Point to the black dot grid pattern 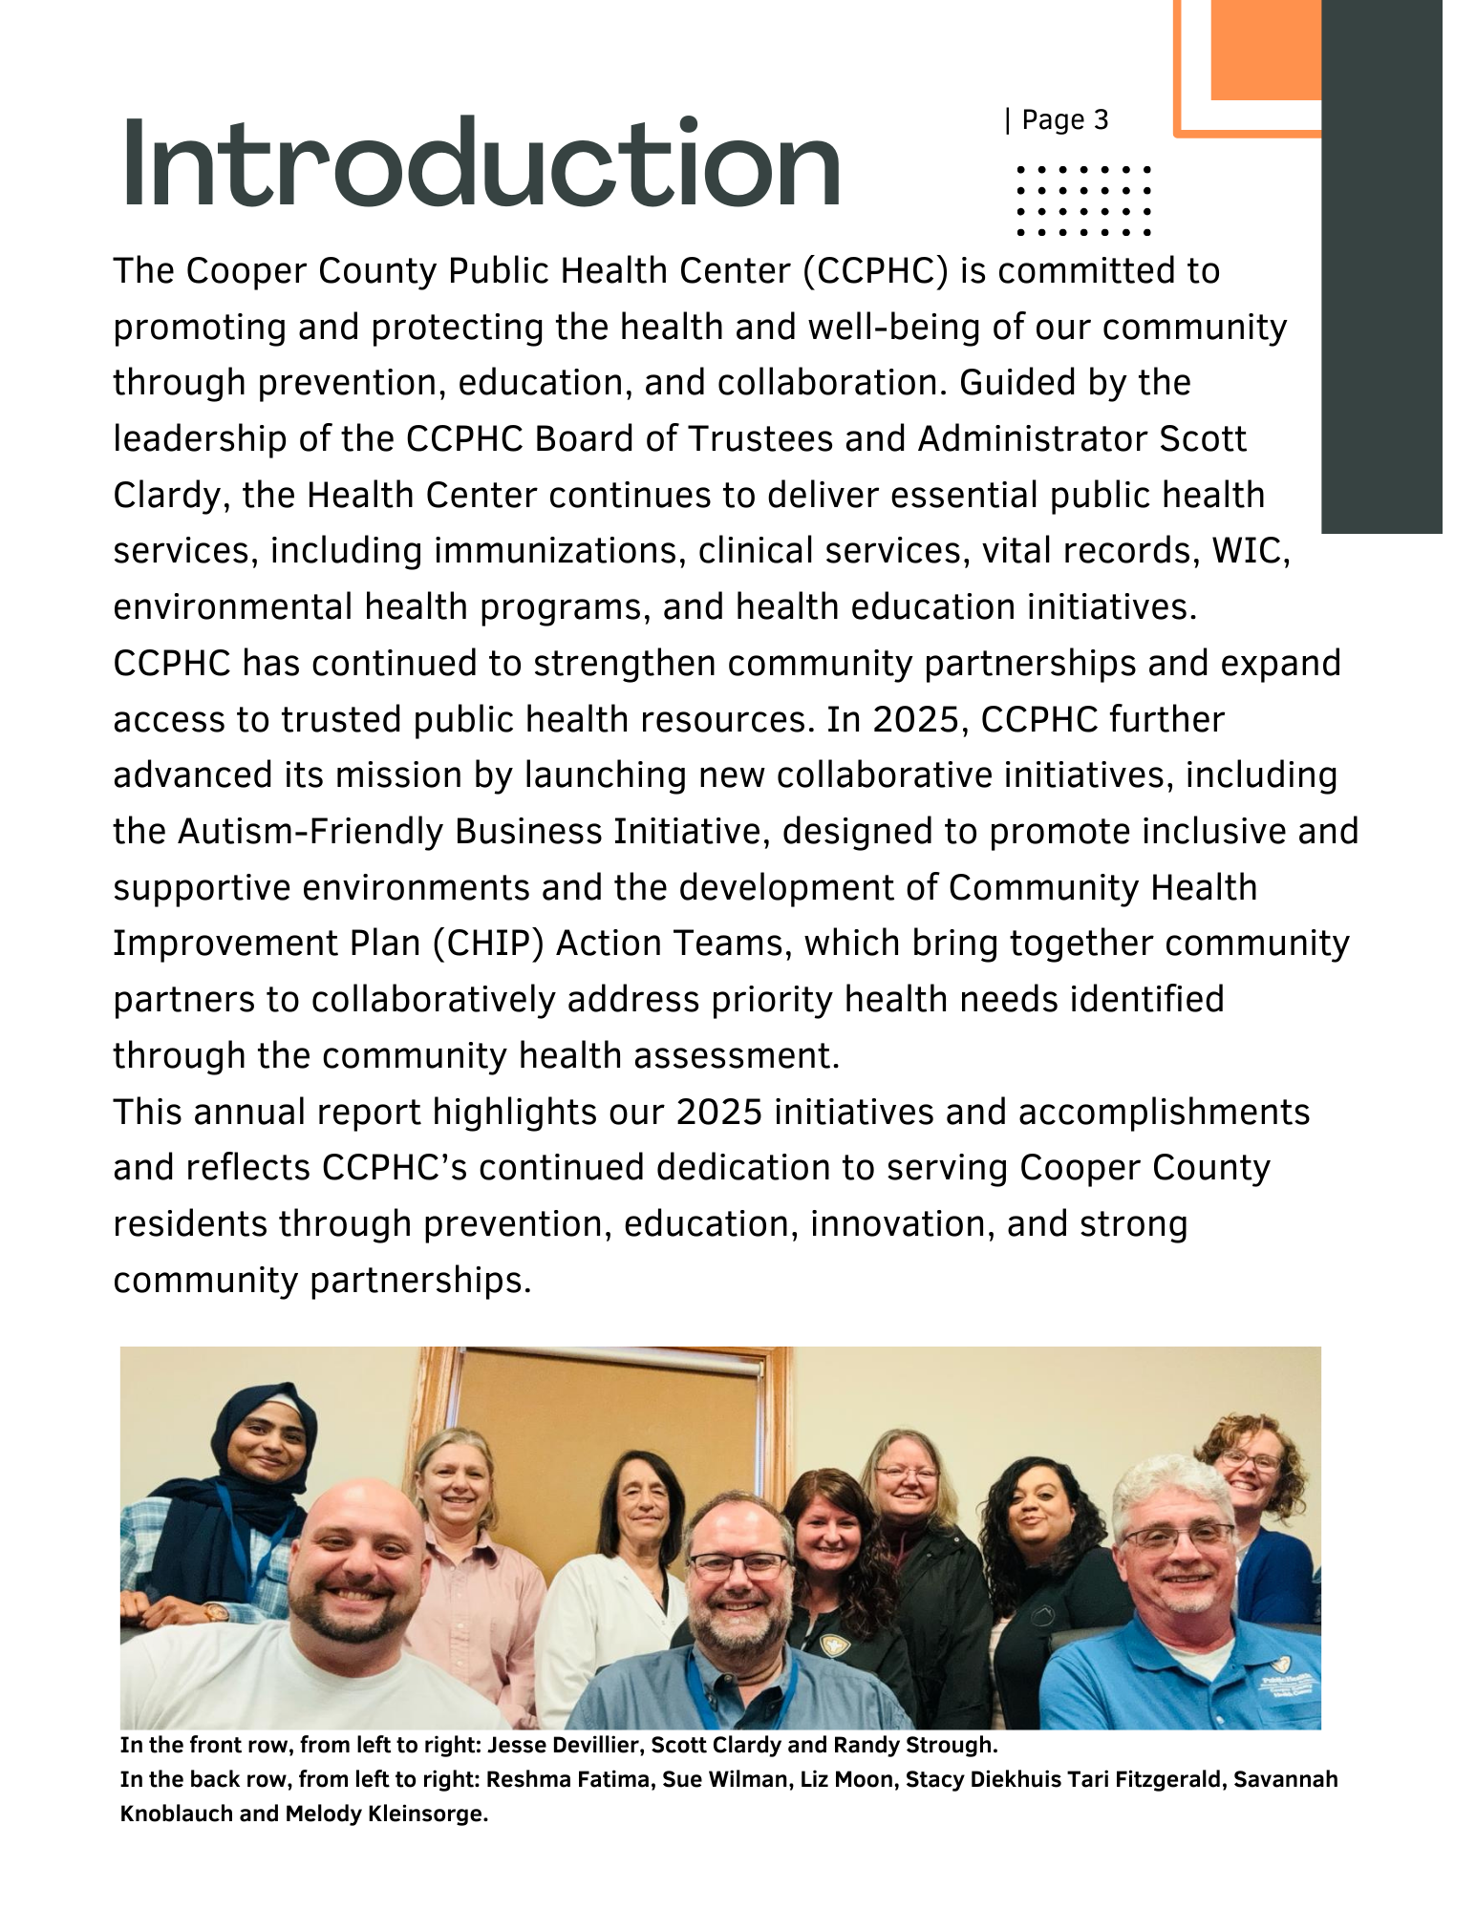click(x=1083, y=201)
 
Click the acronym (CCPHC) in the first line click(x=875, y=271)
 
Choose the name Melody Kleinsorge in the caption click(x=387, y=1814)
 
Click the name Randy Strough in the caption click(x=914, y=1746)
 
